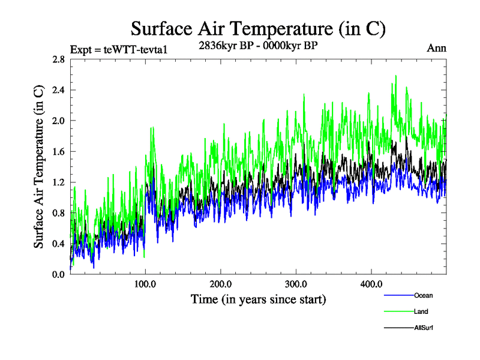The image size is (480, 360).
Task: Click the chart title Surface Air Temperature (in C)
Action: (x=258, y=29)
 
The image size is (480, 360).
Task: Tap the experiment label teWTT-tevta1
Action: (x=118, y=49)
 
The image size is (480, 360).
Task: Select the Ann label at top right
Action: (x=436, y=49)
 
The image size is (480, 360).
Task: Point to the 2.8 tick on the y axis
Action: (x=59, y=59)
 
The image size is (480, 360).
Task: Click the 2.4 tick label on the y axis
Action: (x=59, y=90)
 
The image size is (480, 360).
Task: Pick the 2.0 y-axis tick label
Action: (x=59, y=121)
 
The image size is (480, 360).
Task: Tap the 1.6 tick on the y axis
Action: (x=59, y=151)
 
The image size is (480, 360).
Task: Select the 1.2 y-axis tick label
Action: (x=59, y=182)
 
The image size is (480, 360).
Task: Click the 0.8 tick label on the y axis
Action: (x=59, y=212)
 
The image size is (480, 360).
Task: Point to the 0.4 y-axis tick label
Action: (x=59, y=243)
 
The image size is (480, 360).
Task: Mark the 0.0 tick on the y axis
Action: (x=59, y=274)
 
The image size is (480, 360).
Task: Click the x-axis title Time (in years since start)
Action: (x=258, y=298)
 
